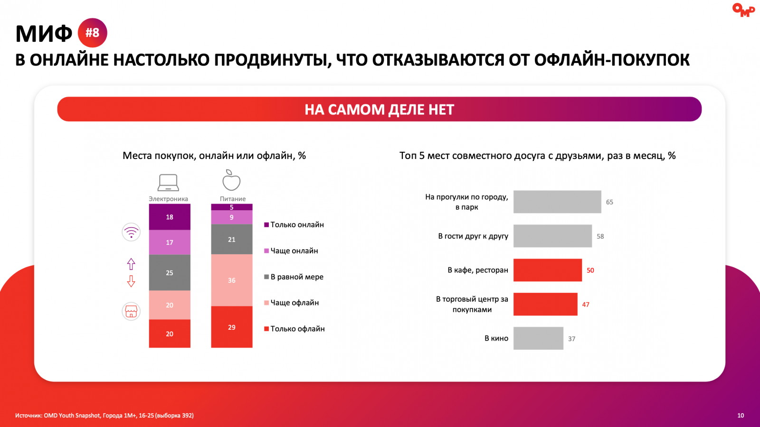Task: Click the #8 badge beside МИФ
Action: (x=92, y=33)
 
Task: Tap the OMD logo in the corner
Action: (x=743, y=9)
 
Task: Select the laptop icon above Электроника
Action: (x=168, y=183)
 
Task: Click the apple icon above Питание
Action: (x=231, y=180)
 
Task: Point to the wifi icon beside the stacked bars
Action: (x=131, y=232)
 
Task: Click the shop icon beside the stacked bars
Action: (x=131, y=311)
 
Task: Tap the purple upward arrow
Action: (x=131, y=264)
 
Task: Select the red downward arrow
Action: (x=131, y=281)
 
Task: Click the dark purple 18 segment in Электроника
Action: (x=170, y=217)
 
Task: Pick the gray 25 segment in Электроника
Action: (x=170, y=272)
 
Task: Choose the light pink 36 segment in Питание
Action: (x=232, y=280)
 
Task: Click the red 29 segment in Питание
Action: (x=232, y=327)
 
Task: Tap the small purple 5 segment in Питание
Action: (x=232, y=207)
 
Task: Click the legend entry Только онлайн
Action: (x=294, y=225)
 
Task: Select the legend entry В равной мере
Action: (x=294, y=277)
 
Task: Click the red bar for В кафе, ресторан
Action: (x=548, y=270)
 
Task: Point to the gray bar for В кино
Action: (x=539, y=338)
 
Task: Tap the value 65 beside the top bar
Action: (x=609, y=202)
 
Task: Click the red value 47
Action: (x=586, y=304)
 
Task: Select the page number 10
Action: (x=741, y=416)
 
